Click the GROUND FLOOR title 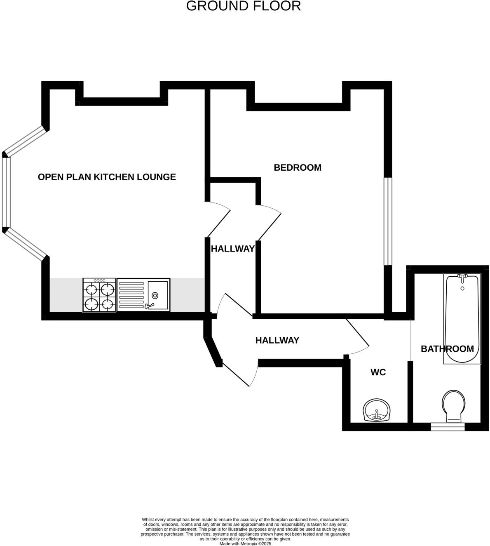243,6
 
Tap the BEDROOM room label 297,167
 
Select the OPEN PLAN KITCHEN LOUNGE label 107,177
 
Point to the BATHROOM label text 447,349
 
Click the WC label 378,372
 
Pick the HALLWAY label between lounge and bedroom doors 232,249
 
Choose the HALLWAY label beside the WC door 277,340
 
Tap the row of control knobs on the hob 99,280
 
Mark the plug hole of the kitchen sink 155,295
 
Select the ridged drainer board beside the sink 131,295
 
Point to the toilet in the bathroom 453,406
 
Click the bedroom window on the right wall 388,221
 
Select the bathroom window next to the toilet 448,427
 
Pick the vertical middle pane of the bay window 5,192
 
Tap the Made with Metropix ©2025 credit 245,544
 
